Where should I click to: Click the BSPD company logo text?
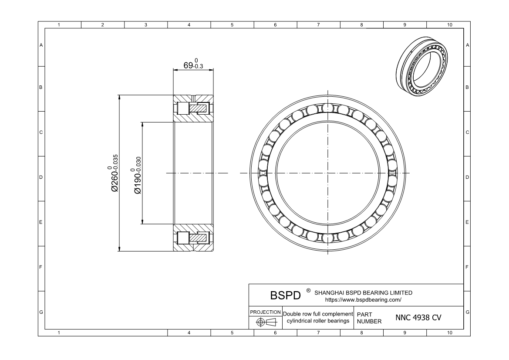[285, 295]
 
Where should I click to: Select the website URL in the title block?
[363, 300]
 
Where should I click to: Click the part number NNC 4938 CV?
[418, 318]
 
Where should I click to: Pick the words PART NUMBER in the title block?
[369, 318]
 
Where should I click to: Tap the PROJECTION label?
[265, 312]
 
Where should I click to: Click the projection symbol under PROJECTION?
[265, 322]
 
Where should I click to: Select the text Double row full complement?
[317, 314]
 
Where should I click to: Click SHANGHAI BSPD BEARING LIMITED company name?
[363, 292]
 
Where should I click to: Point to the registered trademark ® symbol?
[308, 290]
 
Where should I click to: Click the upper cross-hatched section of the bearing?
[193, 108]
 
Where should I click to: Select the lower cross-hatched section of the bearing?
[193, 238]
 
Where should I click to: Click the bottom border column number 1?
[59, 333]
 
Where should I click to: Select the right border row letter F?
[467, 267]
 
